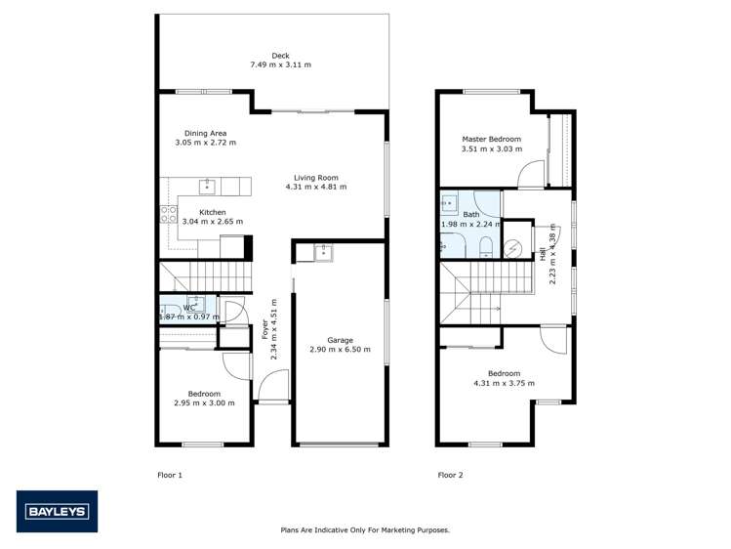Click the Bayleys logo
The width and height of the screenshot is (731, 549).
[x=57, y=511]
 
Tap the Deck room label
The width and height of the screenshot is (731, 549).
[x=281, y=56]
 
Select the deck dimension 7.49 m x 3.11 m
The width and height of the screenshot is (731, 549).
[x=281, y=65]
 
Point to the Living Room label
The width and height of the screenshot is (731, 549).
[x=315, y=178]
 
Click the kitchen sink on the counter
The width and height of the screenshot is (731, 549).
[x=207, y=186]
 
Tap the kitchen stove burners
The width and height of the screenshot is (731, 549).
[x=168, y=215]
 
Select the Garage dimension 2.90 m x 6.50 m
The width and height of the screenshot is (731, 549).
[x=340, y=350]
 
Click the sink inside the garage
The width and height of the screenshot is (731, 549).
[x=322, y=253]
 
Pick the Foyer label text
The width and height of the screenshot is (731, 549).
[x=264, y=330]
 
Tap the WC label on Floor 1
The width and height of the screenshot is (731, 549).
[x=188, y=308]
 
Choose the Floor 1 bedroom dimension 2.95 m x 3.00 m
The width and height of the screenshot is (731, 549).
[x=204, y=402]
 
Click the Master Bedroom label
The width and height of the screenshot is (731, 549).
[x=492, y=139]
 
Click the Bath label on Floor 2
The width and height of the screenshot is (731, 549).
[x=471, y=214]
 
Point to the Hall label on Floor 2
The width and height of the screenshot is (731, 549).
[x=543, y=253]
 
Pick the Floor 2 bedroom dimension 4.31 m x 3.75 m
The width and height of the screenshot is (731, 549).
[x=504, y=383]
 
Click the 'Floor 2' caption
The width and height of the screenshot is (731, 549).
[x=450, y=475]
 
